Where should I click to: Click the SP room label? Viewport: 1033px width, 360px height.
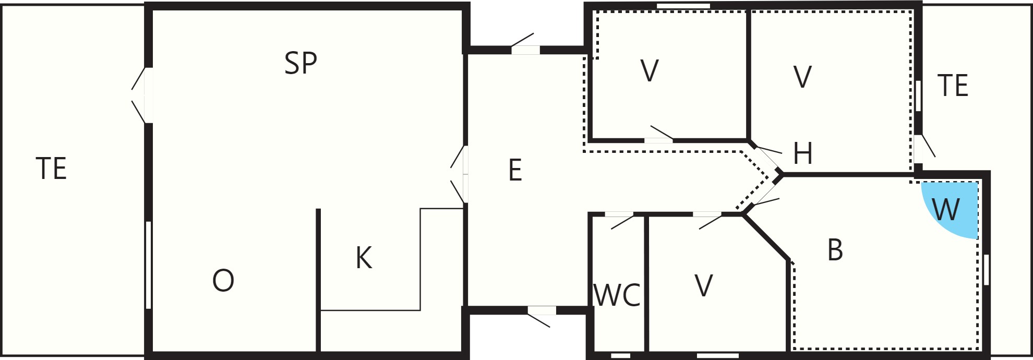click(301, 63)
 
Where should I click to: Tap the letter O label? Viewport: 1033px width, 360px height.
click(223, 281)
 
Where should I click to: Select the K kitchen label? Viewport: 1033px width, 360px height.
click(364, 258)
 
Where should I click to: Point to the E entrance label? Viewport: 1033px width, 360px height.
click(515, 170)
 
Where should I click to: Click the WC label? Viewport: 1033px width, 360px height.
click(617, 296)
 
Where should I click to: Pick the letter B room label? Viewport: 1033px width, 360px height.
click(835, 250)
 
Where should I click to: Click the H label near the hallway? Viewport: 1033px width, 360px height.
click(802, 153)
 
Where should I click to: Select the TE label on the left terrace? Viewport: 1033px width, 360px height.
click(51, 169)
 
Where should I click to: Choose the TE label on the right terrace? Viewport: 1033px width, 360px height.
click(953, 86)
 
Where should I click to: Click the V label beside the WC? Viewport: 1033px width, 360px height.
click(704, 286)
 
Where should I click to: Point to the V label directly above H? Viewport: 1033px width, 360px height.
click(802, 77)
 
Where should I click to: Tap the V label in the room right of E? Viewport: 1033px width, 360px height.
click(650, 71)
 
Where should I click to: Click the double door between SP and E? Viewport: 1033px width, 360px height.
click(460, 174)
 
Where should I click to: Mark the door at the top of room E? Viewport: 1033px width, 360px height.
click(524, 46)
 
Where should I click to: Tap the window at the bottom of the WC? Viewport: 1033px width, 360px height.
click(620, 356)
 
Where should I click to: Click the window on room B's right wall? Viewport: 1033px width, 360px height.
click(986, 270)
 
